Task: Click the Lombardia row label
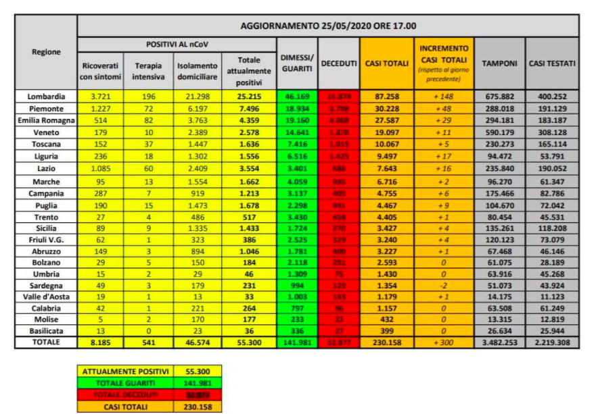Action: tap(46, 97)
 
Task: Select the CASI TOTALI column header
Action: tap(386, 63)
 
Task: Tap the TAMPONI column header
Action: tap(499, 63)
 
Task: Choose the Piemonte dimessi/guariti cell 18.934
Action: tap(297, 108)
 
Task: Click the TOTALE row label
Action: tap(46, 342)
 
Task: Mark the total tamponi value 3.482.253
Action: tap(499, 342)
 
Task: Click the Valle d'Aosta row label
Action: tap(46, 296)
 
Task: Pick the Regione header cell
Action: tap(46, 52)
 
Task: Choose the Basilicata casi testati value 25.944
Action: tap(552, 331)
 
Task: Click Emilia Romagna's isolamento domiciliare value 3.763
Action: tap(197, 120)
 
